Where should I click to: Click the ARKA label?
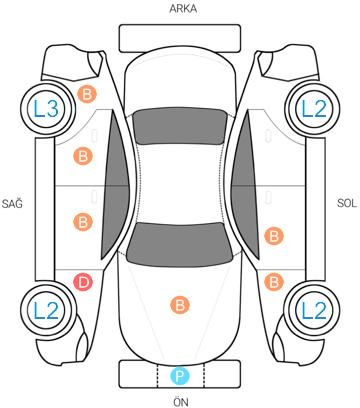pos(183,9)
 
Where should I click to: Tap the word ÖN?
pos(180,401)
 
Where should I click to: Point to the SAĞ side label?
pos(12,203)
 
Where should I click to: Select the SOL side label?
pos(347,203)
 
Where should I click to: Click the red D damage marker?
pos(83,282)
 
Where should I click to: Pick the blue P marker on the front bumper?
pos(180,376)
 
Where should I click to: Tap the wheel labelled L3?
pos(47,109)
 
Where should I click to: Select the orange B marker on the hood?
pos(180,305)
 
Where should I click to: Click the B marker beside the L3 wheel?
pos(87,94)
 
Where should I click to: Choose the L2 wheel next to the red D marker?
pos(47,310)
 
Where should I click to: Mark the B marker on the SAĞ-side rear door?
pos(83,156)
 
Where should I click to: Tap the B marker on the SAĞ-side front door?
pos(83,222)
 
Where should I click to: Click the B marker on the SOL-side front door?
pos(274,236)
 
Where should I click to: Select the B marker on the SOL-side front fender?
pos(274,282)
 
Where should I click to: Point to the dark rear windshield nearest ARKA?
pos(180,126)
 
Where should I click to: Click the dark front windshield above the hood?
pos(180,244)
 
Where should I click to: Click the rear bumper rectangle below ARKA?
pos(180,38)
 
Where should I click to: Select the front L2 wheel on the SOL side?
pos(313,310)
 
